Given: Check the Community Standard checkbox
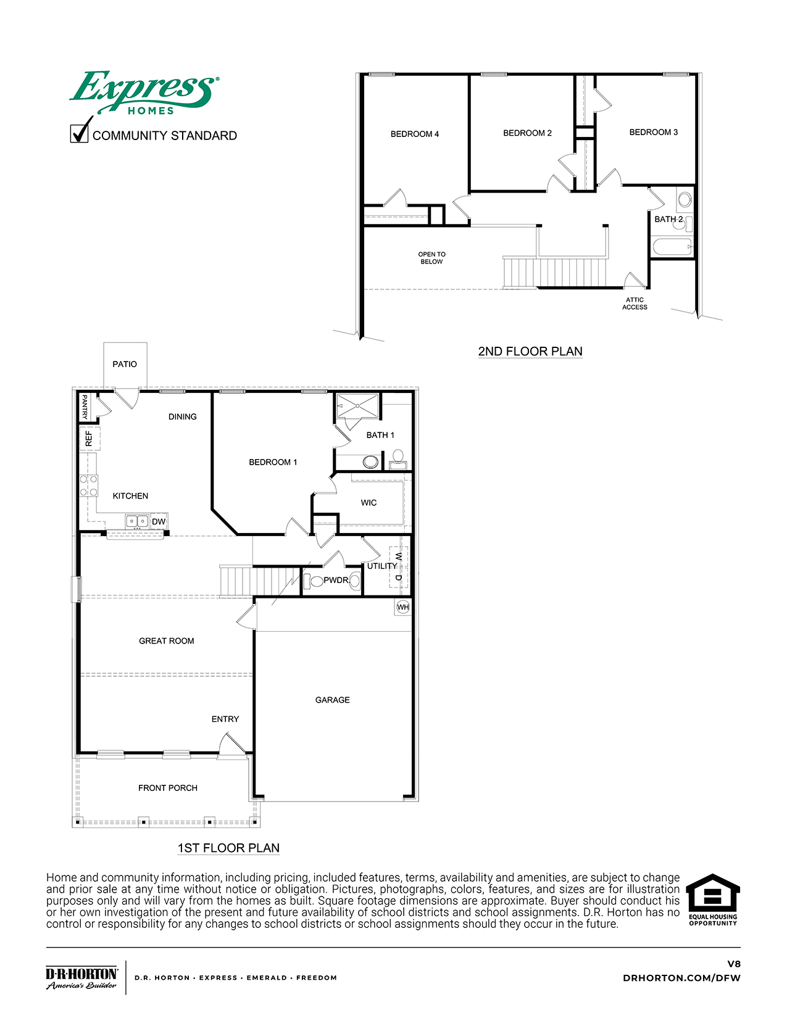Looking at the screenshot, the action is click(79, 133).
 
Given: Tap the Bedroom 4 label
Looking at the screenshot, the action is click(415, 134).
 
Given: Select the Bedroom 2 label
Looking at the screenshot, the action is click(527, 133).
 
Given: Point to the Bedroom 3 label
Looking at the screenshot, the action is click(654, 132).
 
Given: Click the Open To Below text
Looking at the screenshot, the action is click(431, 258).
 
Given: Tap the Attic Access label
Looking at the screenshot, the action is click(635, 304).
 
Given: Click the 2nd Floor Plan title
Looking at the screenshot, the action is click(530, 351).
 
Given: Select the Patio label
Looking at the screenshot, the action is click(125, 364).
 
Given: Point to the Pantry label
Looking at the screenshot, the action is click(85, 407).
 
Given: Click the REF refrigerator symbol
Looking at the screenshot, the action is click(90, 439).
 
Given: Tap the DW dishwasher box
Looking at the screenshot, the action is click(159, 521).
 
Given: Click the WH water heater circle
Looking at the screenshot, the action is click(403, 607).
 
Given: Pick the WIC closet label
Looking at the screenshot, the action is click(369, 503).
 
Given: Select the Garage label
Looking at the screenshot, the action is click(332, 700).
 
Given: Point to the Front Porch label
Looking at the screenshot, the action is click(168, 788).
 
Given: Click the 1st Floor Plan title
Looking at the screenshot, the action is click(229, 848).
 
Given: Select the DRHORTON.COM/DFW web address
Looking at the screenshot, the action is click(681, 978).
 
